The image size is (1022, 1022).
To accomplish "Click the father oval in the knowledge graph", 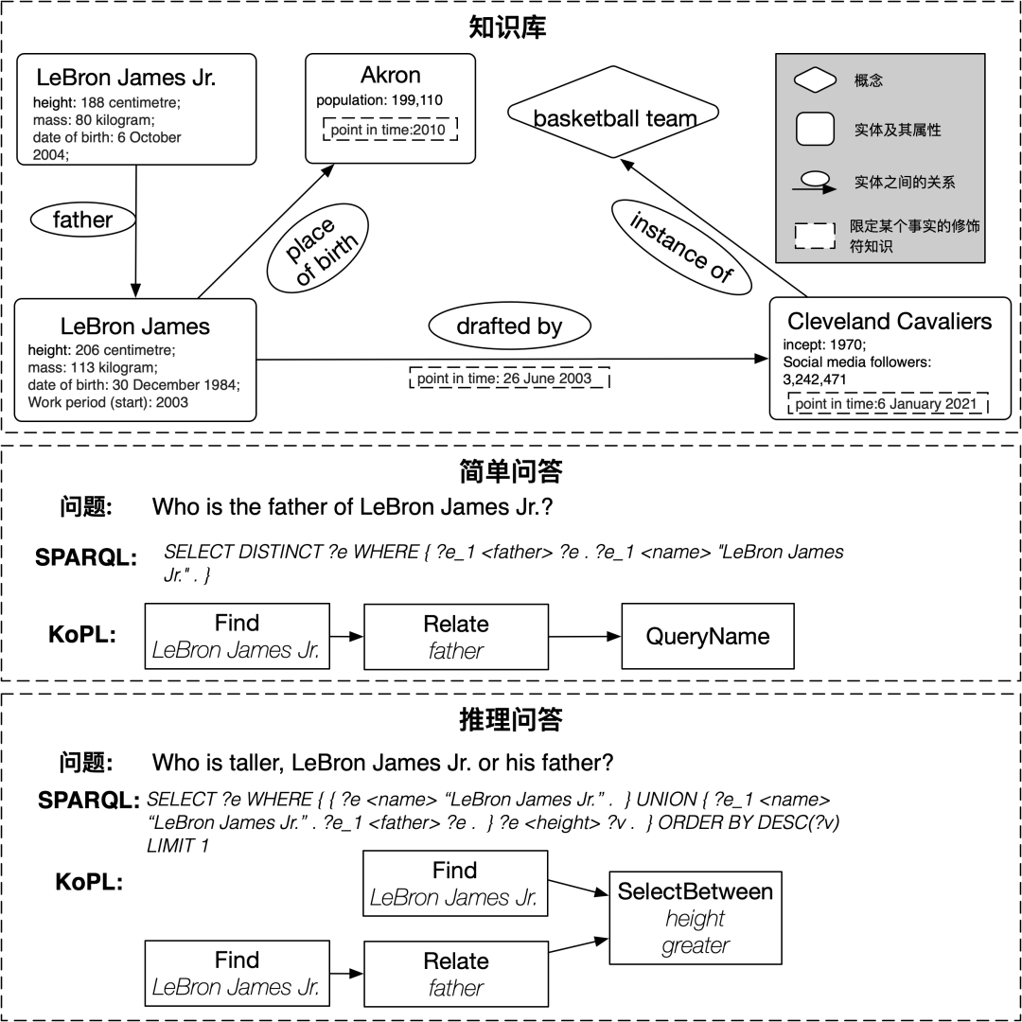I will pyautogui.click(x=83, y=220).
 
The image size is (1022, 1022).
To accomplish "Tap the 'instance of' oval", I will pyautogui.click(x=680, y=246).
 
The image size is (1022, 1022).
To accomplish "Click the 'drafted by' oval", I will pyautogui.click(x=509, y=326).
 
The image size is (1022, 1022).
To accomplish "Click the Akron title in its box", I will pyautogui.click(x=390, y=76).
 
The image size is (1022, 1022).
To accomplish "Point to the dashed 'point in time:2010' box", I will pyautogui.click(x=390, y=130).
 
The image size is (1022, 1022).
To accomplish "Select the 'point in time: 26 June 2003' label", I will pyautogui.click(x=504, y=379).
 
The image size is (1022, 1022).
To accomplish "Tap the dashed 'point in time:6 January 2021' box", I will pyautogui.click(x=887, y=404).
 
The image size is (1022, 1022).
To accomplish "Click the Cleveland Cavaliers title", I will pyautogui.click(x=890, y=322).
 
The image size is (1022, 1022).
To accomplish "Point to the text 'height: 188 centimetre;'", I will pyautogui.click(x=106, y=102).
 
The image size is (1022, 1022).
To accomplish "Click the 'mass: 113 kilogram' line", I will pyautogui.click(x=93, y=367).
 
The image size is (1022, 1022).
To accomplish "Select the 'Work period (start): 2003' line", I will pyautogui.click(x=108, y=402).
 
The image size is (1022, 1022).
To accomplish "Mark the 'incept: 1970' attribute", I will pyautogui.click(x=824, y=345).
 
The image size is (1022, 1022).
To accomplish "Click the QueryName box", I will pyautogui.click(x=707, y=637).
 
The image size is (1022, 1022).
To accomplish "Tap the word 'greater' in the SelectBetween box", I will pyautogui.click(x=696, y=945).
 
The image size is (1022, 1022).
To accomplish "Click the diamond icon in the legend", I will pyautogui.click(x=814, y=81).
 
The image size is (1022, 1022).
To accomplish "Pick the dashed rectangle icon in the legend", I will pyautogui.click(x=814, y=237).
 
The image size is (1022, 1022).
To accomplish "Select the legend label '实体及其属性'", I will pyautogui.click(x=897, y=131).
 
